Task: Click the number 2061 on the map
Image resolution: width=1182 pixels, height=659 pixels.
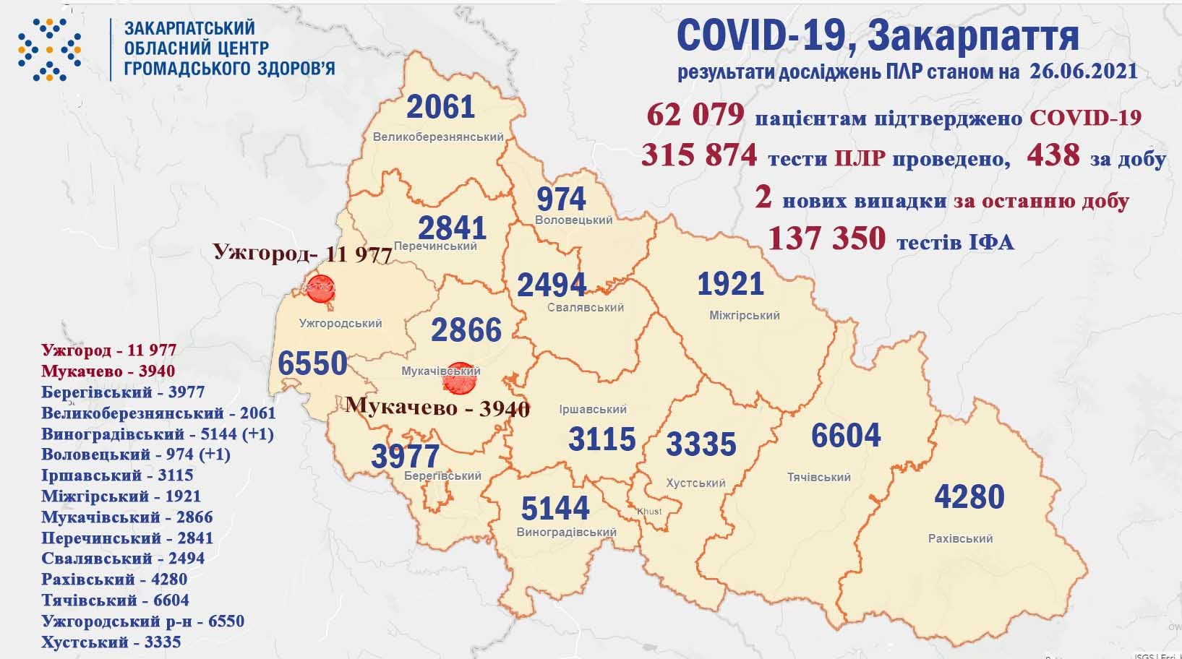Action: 440,107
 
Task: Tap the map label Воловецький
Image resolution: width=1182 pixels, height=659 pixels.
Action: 574,220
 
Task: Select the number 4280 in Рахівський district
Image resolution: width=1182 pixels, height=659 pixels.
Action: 969,497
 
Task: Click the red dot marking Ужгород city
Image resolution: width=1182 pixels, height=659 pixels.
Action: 319,290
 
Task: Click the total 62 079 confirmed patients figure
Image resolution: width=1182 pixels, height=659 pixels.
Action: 695,115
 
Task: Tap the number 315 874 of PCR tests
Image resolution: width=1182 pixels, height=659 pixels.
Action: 699,155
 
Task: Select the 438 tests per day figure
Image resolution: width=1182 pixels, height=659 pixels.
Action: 1053,155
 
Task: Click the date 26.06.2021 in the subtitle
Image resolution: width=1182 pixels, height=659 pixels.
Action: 1080,72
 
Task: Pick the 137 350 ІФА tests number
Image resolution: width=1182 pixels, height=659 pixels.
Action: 826,238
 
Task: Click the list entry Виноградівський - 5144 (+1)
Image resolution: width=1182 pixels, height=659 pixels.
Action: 158,434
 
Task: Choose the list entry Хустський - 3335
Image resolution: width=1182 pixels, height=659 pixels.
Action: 111,642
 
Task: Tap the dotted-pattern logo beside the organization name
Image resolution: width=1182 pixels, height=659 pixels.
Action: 49,48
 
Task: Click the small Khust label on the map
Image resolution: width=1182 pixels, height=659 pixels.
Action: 648,512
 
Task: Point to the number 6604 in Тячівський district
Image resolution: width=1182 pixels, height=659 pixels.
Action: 845,436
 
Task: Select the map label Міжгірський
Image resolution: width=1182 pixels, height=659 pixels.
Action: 744,316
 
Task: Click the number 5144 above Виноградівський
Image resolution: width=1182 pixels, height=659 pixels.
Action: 555,509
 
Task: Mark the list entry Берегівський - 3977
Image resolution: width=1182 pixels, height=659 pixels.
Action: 124,392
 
